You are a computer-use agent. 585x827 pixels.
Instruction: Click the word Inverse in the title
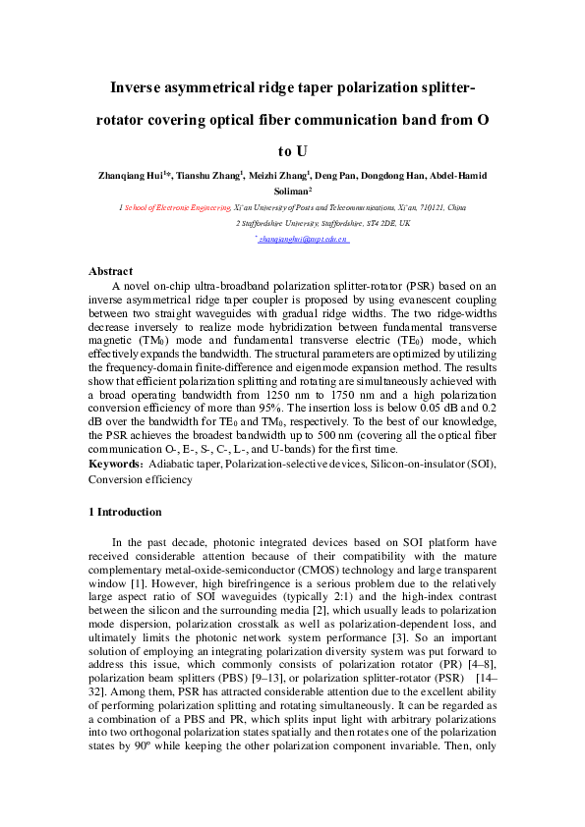[143, 87]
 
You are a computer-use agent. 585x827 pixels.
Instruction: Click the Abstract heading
[111, 271]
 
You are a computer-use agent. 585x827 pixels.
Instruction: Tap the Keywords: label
[115, 463]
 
